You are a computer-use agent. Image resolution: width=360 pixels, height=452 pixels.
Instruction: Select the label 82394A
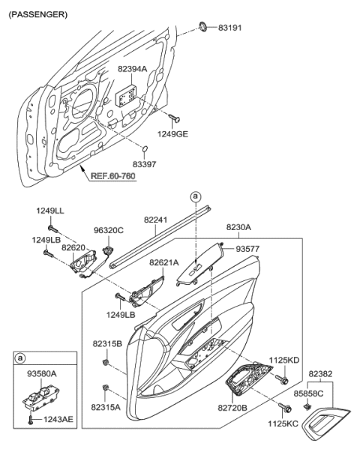click(x=132, y=69)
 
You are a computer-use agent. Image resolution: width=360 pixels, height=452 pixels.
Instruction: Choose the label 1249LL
click(x=49, y=211)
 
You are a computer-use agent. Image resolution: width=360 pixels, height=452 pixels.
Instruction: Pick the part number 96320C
click(x=109, y=231)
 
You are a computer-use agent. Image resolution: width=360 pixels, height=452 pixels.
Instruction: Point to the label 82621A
click(x=163, y=263)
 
